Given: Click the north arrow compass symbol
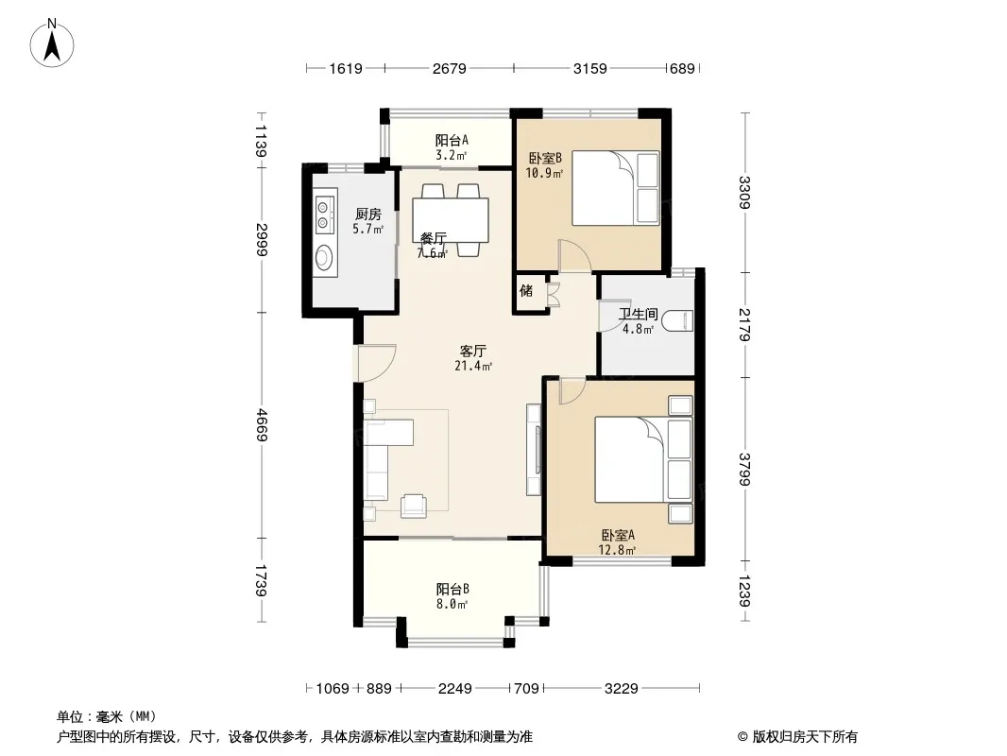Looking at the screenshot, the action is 52,43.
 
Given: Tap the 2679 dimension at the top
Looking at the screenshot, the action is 449,68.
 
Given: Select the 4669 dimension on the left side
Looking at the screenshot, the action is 262,424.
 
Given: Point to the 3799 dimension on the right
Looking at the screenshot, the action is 744,470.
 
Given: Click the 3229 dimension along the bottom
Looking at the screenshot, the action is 621,689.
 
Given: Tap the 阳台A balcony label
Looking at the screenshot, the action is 452,140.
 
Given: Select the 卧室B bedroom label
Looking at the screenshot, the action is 545,158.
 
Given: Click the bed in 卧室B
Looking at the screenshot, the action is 615,187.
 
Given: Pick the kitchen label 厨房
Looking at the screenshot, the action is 368,214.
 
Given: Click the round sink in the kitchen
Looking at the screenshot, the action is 324,257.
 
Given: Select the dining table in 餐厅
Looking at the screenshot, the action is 451,220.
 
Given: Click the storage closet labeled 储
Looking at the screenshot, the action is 526,291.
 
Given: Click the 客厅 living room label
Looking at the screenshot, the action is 472,351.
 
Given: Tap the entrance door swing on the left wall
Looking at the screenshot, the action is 377,364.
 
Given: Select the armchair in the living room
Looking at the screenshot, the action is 413,507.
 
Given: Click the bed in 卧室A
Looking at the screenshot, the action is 643,459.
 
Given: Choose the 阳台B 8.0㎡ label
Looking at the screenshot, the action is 452,596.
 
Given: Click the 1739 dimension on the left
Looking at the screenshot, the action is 262,580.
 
